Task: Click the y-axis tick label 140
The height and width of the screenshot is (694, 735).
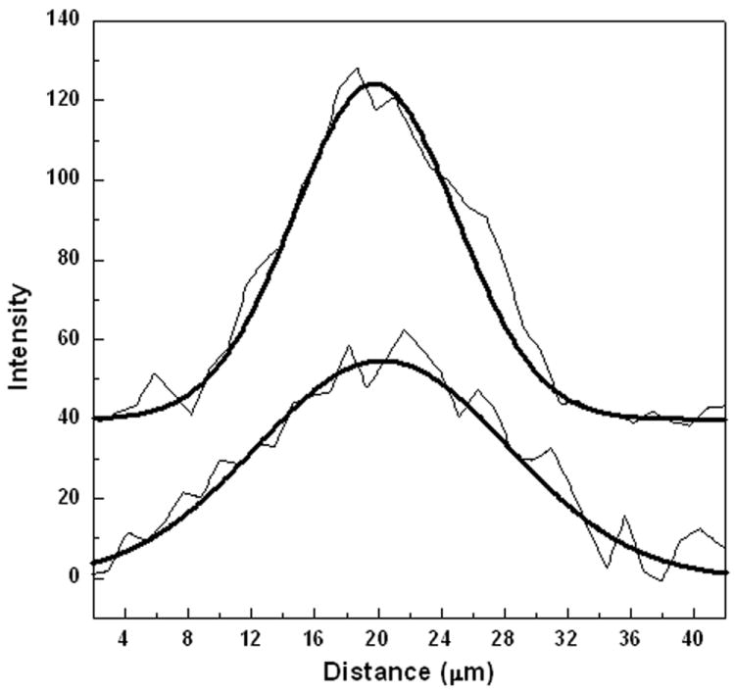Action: coord(64,21)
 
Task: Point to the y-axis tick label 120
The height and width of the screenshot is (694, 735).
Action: coord(64,100)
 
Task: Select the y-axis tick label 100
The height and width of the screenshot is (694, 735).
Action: coord(64,180)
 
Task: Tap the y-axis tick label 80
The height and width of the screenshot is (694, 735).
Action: coord(69,260)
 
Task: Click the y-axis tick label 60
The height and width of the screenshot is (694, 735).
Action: coord(69,339)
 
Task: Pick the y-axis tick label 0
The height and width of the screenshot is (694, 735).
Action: coord(73,577)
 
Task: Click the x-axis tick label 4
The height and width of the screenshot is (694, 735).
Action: coord(123,636)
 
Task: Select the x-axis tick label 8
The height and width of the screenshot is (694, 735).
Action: coord(187,636)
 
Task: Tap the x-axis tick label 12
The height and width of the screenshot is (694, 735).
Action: coord(251,636)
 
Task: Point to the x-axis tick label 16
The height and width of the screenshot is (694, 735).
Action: coord(315,636)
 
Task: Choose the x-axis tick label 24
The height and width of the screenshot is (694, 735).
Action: coord(441,636)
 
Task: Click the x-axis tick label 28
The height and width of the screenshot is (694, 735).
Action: coord(504,636)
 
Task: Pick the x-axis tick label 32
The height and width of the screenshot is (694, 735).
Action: coord(567,636)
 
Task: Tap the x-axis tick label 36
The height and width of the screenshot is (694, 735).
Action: coord(631,636)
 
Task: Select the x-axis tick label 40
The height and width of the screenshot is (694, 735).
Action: coord(694,636)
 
